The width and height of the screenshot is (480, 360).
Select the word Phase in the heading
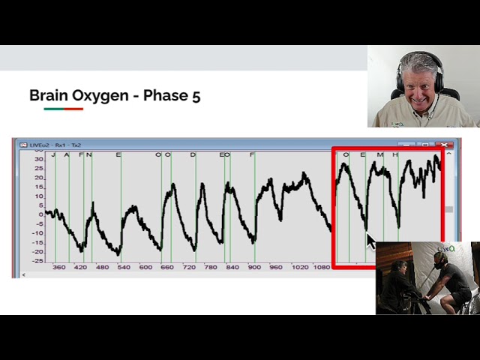tap(166, 96)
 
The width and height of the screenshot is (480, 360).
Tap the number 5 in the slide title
tap(196, 96)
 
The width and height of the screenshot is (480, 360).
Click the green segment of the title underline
tap(53, 109)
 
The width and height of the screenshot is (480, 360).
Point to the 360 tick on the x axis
tap(58, 267)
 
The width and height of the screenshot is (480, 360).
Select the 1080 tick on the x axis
tap(321, 267)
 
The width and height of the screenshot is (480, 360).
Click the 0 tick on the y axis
tap(41, 214)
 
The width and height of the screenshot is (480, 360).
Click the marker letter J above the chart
tap(52, 155)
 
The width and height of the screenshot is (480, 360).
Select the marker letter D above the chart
tap(193, 155)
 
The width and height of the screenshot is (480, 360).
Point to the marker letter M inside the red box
tap(379, 155)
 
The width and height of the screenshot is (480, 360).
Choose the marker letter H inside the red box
tap(395, 155)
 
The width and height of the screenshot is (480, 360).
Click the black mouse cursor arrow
tap(370, 241)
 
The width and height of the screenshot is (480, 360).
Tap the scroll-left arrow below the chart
tap(25, 274)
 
